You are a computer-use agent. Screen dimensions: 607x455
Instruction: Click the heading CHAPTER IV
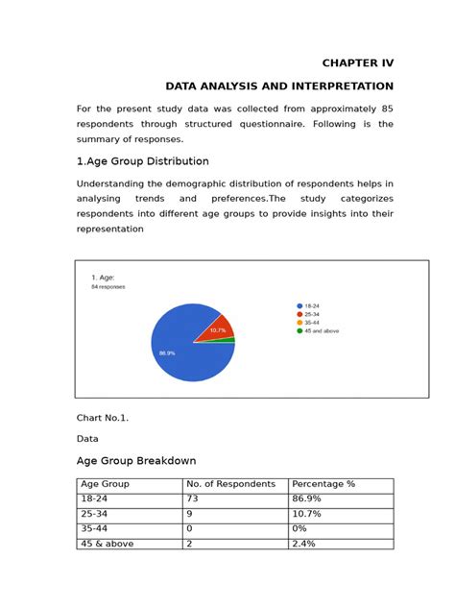[357, 63]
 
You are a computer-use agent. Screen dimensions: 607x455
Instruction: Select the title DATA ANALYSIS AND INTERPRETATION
[279, 86]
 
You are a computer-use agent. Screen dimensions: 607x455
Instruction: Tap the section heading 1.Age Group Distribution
[142, 161]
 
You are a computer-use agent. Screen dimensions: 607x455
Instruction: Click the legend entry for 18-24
[313, 305]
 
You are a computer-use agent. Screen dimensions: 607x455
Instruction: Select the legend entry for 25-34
[313, 314]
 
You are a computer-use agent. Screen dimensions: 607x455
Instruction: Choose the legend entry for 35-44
[313, 323]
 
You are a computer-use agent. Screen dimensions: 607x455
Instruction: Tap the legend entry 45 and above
[321, 331]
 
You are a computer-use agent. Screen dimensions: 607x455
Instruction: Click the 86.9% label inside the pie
[167, 353]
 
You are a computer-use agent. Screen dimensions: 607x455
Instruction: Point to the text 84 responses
[108, 286]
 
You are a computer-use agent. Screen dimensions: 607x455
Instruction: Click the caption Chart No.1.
[102, 418]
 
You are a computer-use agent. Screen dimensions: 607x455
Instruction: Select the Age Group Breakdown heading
[136, 461]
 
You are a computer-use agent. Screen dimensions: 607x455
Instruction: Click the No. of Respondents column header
[230, 484]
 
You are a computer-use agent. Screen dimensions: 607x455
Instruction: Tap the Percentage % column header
[323, 484]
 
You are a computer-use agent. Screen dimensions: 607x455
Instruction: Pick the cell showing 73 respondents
[194, 499]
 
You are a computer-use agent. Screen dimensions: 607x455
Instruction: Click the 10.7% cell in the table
[306, 515]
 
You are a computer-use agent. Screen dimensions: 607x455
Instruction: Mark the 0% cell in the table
[300, 529]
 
